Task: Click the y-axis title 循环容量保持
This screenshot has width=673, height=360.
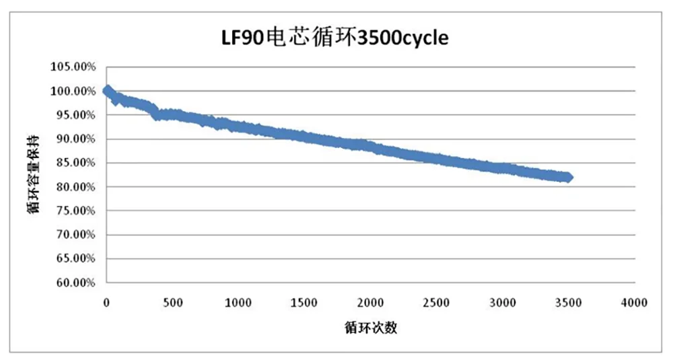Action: pyautogui.click(x=32, y=173)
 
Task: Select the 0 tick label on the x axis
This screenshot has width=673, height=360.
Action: pyautogui.click(x=106, y=303)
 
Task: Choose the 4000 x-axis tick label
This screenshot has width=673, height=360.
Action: pyautogui.click(x=634, y=303)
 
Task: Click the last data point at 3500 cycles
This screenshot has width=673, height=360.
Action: pyautogui.click(x=569, y=178)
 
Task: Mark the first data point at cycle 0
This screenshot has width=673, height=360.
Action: pyautogui.click(x=107, y=90)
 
